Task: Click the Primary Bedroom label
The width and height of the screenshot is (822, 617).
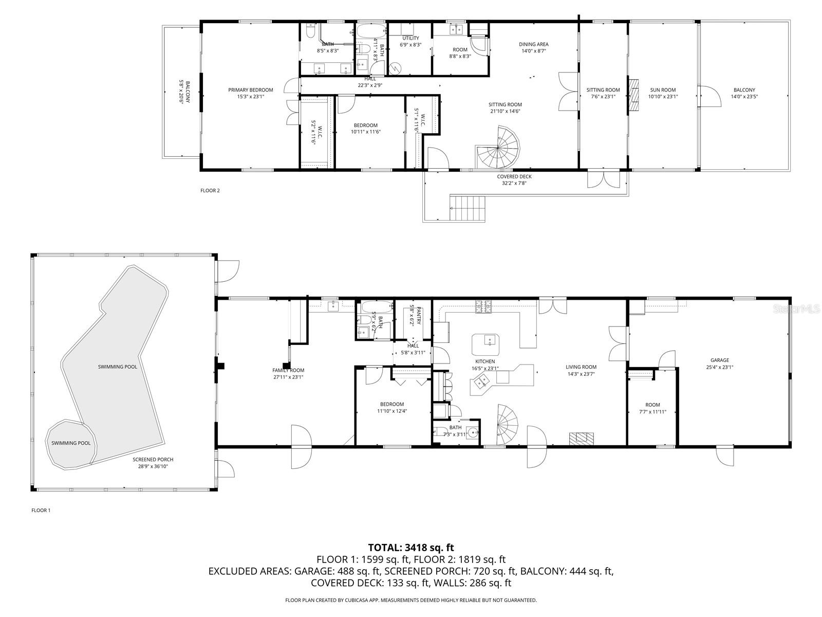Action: (251, 90)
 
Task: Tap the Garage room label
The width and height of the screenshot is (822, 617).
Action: (720, 360)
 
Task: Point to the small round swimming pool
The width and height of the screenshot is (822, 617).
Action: (71, 443)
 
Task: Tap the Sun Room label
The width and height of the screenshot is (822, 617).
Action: (662, 90)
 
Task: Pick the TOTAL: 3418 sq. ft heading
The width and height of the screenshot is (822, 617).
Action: (411, 548)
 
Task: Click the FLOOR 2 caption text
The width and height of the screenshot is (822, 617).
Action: (210, 191)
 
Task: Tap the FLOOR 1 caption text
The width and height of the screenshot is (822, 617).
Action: (41, 511)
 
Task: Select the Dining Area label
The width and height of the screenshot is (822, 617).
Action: (534, 44)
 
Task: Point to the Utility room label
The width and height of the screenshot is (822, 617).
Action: (410, 38)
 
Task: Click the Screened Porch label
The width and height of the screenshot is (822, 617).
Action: (153, 460)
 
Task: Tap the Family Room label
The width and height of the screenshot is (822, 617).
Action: (288, 370)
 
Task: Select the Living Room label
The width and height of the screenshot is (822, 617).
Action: (581, 367)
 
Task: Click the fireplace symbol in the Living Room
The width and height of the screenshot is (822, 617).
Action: (581, 438)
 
